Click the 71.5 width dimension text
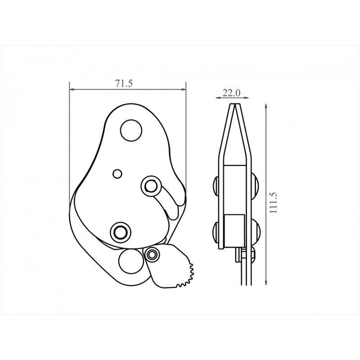click(124, 83)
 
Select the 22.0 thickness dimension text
click(231, 93)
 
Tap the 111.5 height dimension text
click(273, 202)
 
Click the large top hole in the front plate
click(131, 130)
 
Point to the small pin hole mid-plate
click(118, 174)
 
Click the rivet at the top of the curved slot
click(151, 186)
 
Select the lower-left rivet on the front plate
click(120, 232)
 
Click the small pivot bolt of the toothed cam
click(152, 254)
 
